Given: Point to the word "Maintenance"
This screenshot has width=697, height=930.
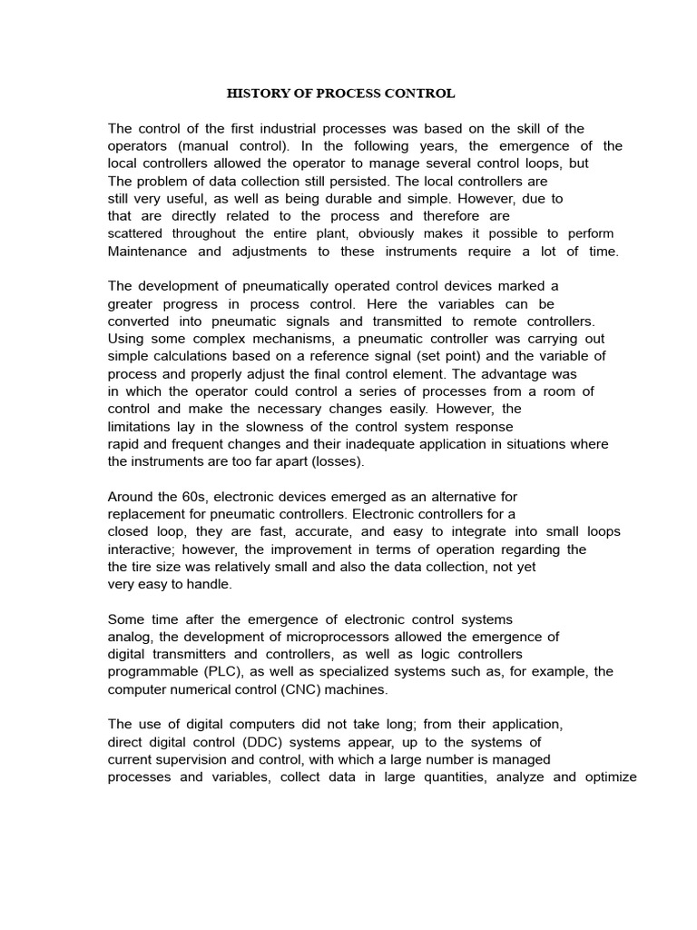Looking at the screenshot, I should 147,251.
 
